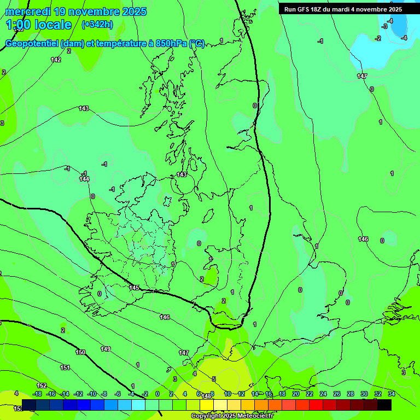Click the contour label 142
(56, 60)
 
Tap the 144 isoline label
(84, 179)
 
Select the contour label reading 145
(134, 288)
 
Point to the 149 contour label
(106, 349)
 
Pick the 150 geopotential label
(80, 352)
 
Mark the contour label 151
(65, 367)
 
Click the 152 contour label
(42, 386)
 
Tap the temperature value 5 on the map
(214, 379)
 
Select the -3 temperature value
(385, 26)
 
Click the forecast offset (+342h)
(97, 25)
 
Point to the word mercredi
(29, 11)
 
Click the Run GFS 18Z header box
(343, 9)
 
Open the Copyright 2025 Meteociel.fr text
(232, 416)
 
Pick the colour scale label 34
(392, 394)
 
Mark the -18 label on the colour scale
(37, 394)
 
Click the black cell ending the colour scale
(384, 405)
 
